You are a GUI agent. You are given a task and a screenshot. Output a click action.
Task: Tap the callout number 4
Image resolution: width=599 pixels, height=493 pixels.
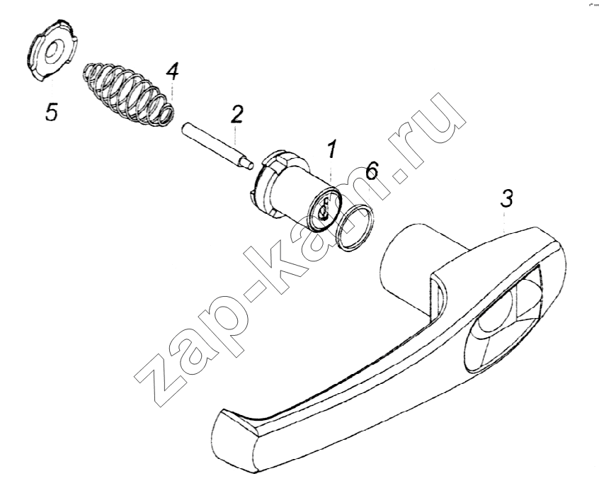click(172, 72)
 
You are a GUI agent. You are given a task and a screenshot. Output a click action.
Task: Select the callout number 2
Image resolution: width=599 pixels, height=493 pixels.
click(237, 114)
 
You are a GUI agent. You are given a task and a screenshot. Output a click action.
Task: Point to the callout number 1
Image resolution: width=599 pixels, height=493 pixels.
click(331, 149)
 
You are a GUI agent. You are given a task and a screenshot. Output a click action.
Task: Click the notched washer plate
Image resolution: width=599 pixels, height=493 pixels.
click(51, 52)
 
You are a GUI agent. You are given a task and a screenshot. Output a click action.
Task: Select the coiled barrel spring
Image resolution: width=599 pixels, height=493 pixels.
click(130, 94)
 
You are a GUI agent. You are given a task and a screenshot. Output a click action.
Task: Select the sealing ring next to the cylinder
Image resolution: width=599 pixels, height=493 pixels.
click(354, 228)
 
